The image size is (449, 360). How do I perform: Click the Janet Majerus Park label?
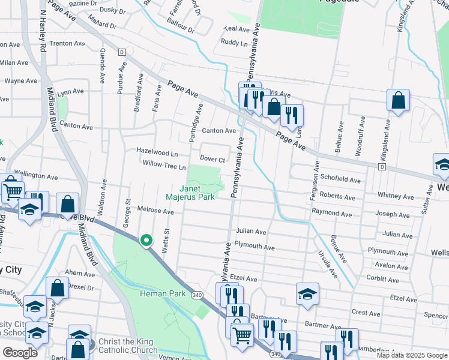pos(190,193)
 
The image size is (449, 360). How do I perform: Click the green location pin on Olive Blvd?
pos(146,241)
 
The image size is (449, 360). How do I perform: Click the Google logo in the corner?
pos(20,353)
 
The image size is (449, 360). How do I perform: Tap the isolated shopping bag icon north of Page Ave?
pos(398,101)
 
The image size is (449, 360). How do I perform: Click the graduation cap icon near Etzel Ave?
pos(307,294)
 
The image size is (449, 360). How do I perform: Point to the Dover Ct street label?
pos(212,160)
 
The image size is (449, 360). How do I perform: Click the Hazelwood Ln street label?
pos(157,153)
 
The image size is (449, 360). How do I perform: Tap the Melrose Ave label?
pos(155,212)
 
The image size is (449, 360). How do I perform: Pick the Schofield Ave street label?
pos(340,180)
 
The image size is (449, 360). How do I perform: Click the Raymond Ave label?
pos(331,214)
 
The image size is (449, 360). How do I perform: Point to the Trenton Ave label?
pos(67,44)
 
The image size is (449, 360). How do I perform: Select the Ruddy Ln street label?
pos(234,43)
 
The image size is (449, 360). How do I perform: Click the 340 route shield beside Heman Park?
pos(196,295)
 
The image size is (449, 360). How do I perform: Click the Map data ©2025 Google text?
pos(412,355)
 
